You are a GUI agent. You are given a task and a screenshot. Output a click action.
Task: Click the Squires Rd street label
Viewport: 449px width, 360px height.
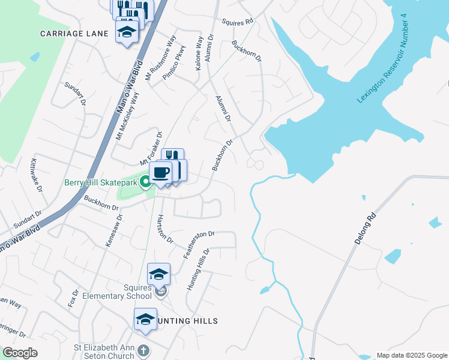click(238, 22)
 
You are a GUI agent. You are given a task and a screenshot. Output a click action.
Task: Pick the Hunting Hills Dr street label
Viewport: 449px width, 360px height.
click(199, 271)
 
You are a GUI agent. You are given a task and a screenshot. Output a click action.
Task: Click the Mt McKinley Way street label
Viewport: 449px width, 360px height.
click(127, 117)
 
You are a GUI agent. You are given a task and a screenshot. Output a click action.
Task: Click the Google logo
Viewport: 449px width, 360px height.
click(20, 353)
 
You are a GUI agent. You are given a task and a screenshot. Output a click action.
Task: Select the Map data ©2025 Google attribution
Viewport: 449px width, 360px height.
click(411, 355)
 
